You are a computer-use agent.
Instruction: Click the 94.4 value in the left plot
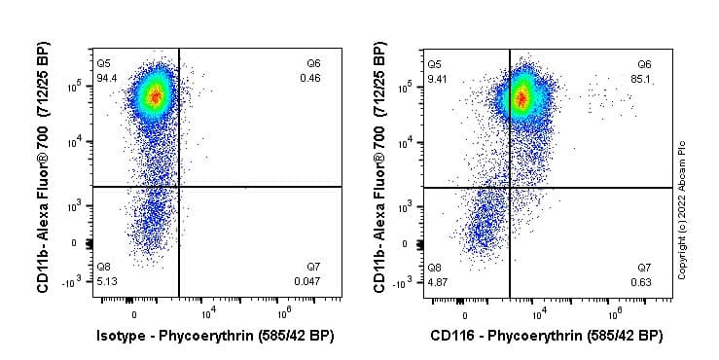107,77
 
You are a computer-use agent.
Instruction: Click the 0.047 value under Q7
307,280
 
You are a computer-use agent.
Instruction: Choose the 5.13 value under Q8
106,280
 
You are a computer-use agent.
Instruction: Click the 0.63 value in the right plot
641,280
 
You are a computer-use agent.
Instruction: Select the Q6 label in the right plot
644,63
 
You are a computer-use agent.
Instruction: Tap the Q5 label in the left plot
104,63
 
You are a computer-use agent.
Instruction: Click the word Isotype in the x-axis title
123,337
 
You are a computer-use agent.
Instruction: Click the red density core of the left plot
153,95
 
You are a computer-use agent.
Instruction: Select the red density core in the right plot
520,96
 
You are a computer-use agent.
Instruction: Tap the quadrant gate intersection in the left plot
179,186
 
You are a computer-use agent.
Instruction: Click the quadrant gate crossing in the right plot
510,186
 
